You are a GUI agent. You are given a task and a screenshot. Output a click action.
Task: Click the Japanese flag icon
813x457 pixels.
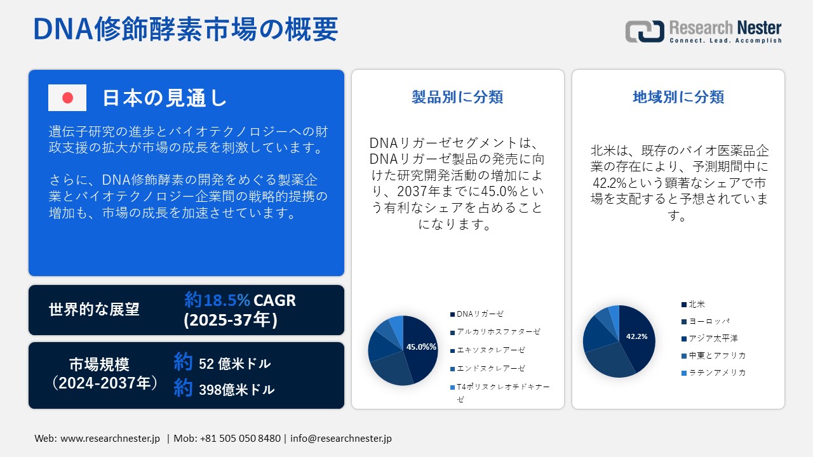point(67,98)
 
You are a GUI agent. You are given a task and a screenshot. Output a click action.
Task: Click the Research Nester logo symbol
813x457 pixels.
point(644,31)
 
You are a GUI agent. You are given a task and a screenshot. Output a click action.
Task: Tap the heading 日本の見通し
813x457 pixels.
point(165,98)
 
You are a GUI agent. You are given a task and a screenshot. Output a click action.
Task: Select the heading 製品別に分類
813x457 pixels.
point(457,97)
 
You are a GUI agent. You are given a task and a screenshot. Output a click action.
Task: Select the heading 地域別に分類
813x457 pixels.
point(678,97)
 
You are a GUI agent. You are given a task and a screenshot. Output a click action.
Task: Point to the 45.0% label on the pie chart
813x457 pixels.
point(421,347)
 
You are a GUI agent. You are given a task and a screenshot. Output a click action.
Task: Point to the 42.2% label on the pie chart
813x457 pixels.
point(636,336)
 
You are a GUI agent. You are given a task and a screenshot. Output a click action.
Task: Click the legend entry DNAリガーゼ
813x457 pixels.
point(480,314)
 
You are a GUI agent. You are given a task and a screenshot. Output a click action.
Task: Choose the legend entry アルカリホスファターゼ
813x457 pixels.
point(498,331)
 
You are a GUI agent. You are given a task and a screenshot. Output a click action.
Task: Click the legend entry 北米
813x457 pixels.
point(696,305)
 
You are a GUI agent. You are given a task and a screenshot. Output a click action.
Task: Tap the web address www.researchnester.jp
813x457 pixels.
point(110,439)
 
